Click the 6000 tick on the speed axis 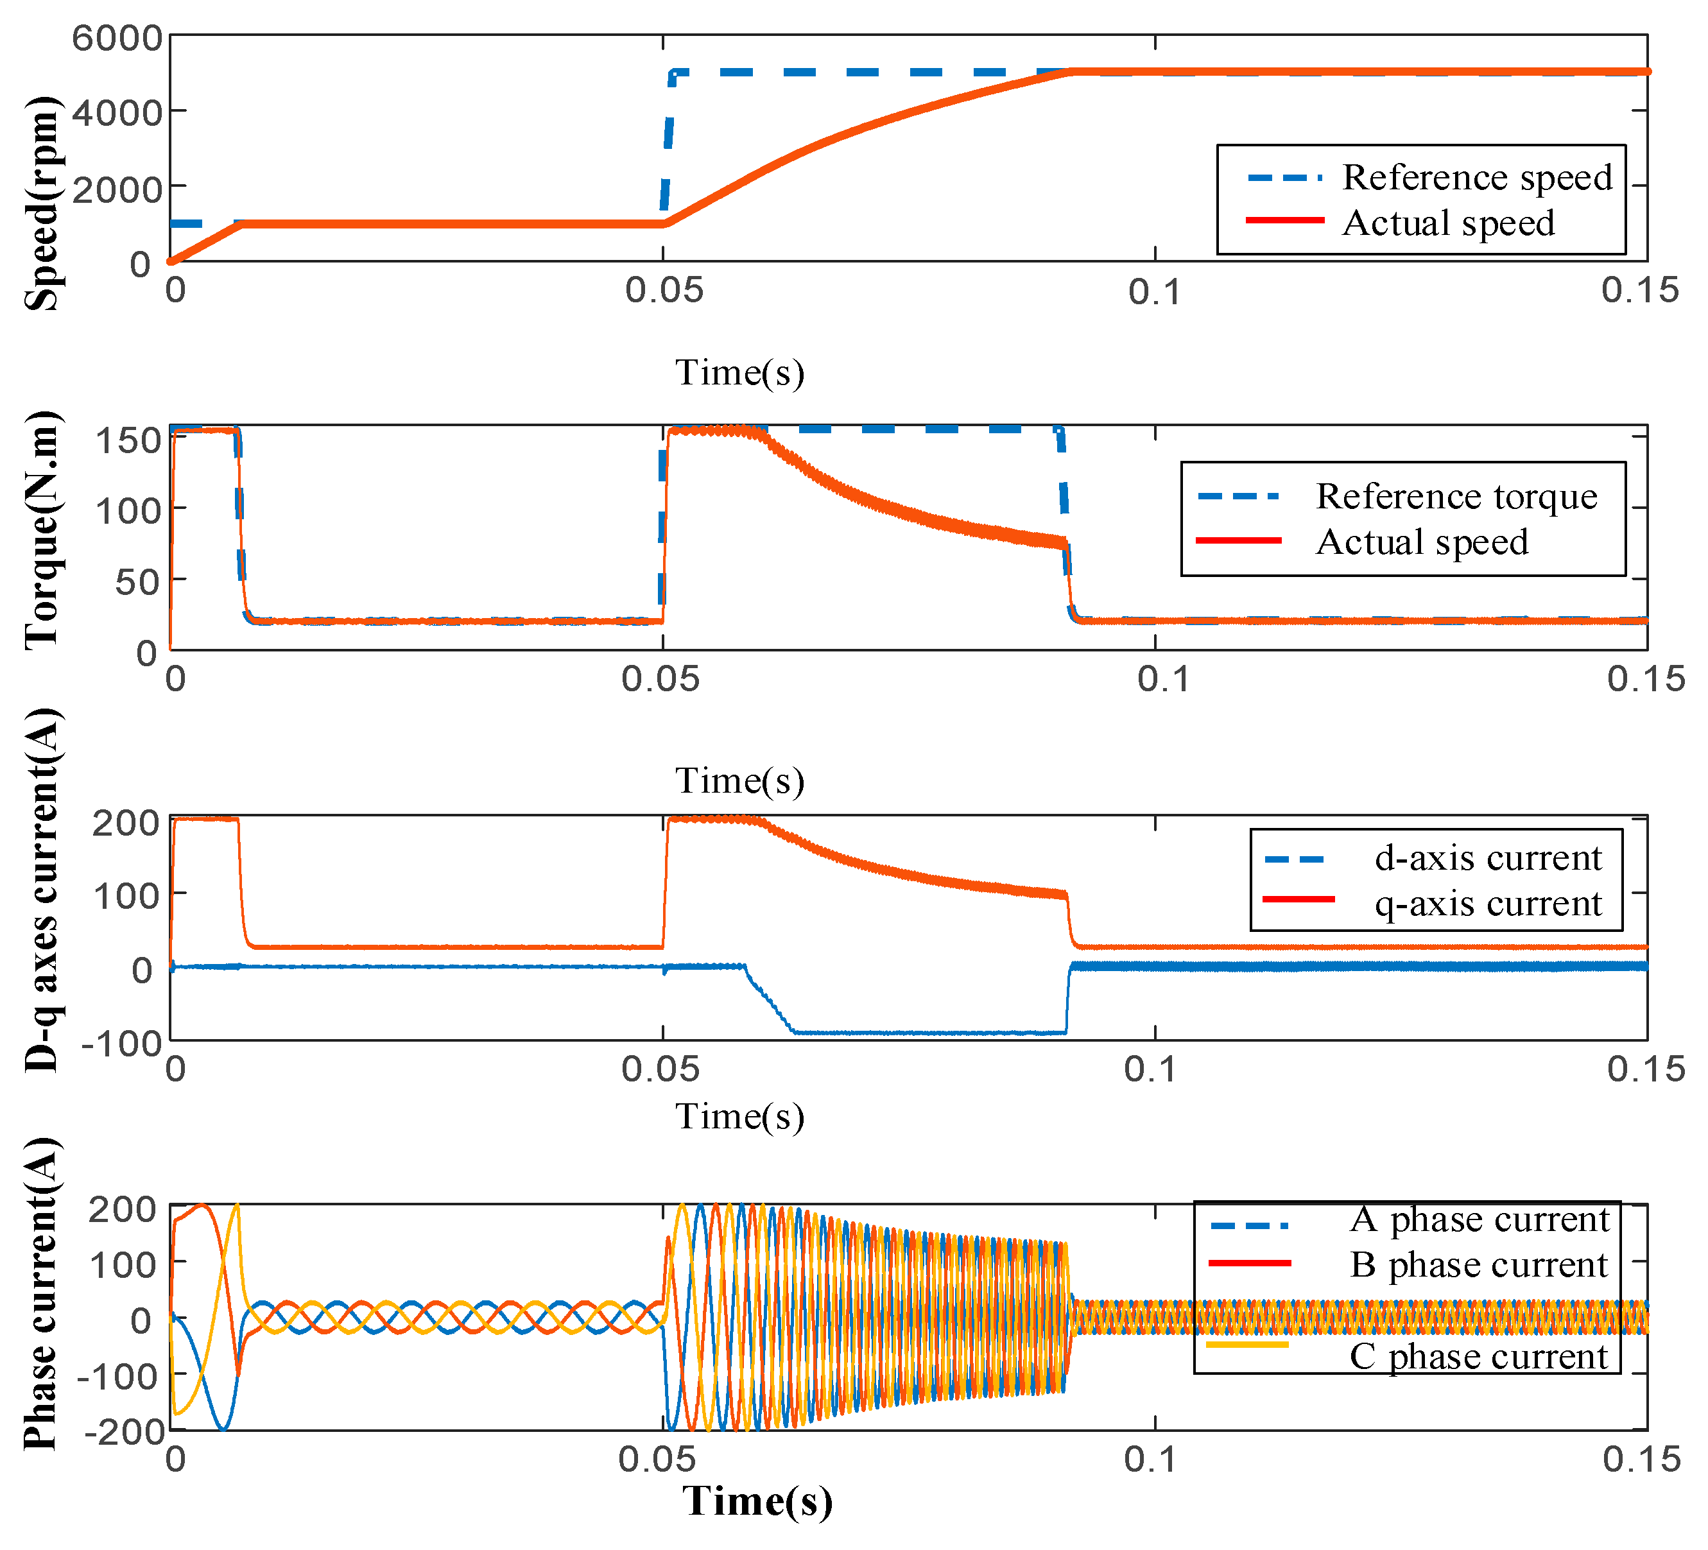point(116,38)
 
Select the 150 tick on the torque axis point(127,440)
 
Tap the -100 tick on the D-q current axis point(121,1043)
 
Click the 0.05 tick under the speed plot point(664,291)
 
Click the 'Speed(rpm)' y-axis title point(42,203)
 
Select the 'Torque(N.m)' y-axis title point(42,530)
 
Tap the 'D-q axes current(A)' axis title point(42,890)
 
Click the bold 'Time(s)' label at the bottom point(757,1501)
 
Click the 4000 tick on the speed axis point(116,112)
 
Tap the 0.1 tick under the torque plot point(1162,679)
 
